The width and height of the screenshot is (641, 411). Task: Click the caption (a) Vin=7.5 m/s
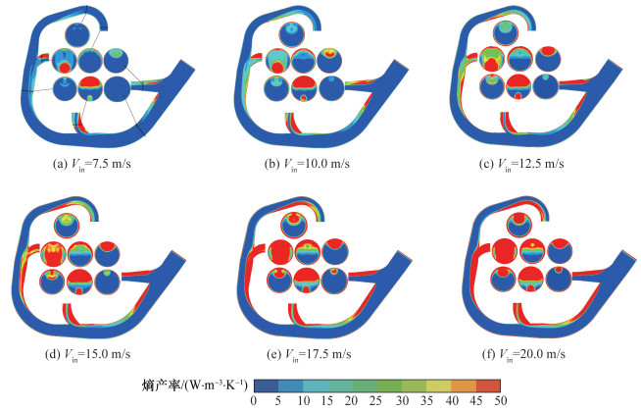92,165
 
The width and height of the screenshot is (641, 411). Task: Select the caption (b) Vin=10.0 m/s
307,165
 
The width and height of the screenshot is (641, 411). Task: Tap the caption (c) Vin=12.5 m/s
521,165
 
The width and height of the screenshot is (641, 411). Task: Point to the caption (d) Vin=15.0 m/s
87,354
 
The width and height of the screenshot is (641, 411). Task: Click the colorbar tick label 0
254,401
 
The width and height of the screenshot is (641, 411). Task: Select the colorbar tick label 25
376,401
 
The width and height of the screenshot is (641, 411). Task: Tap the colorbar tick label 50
500,401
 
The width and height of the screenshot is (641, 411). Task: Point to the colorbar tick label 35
425,401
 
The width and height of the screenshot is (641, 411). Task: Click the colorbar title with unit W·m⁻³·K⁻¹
195,385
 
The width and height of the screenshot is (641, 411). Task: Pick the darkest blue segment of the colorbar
267,385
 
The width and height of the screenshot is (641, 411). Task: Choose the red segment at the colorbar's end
488,385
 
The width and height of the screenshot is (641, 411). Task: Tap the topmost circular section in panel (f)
518,225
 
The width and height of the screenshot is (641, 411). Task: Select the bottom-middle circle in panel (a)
90,88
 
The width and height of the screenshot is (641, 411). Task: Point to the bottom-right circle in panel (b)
331,88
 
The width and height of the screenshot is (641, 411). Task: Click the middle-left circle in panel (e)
280,252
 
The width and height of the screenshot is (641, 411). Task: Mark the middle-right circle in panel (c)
548,60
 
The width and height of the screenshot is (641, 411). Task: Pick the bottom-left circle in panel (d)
53,282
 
